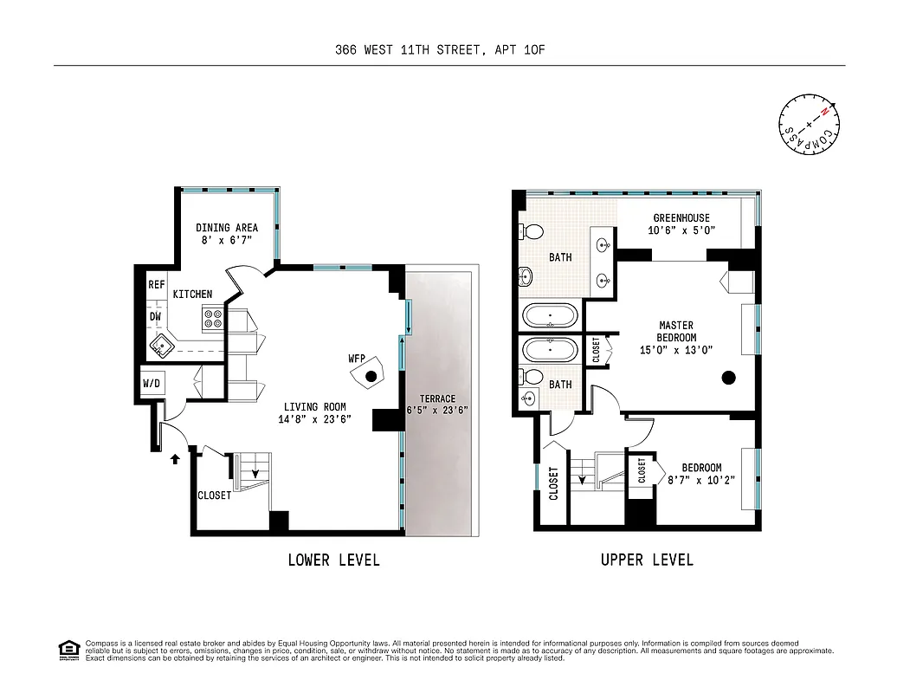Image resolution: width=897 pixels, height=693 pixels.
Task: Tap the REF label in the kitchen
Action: pyautogui.click(x=156, y=284)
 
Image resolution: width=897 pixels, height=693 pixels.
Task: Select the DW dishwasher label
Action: pyautogui.click(x=156, y=318)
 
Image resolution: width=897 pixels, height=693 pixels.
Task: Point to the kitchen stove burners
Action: pyautogui.click(x=213, y=320)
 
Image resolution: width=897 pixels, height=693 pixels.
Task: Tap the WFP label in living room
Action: pyautogui.click(x=355, y=358)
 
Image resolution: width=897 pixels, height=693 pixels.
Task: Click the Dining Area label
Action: pyautogui.click(x=226, y=228)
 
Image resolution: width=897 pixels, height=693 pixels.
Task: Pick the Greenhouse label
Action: pyautogui.click(x=681, y=218)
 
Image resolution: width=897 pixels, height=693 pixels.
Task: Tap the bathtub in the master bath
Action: pyautogui.click(x=551, y=315)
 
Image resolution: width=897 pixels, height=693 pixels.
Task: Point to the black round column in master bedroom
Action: pyautogui.click(x=729, y=377)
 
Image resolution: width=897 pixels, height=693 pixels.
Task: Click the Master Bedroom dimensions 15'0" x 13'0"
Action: pyautogui.click(x=675, y=350)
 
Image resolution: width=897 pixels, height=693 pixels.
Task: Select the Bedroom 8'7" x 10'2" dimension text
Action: pyautogui.click(x=701, y=480)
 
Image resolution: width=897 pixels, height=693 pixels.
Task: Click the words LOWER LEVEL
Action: pyautogui.click(x=333, y=560)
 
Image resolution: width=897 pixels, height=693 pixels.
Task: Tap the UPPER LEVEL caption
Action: pyautogui.click(x=647, y=560)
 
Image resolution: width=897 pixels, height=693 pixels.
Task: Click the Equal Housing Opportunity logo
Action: pyautogui.click(x=68, y=649)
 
